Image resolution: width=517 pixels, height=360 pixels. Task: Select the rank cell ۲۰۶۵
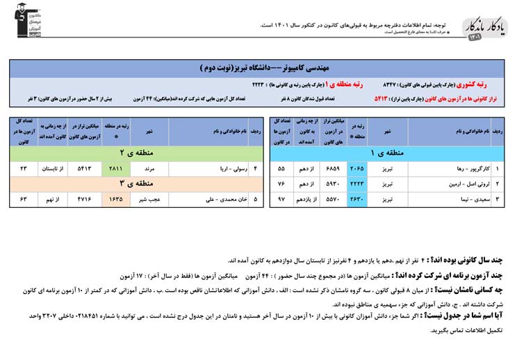point(357,168)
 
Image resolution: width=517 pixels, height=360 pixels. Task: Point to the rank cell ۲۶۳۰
point(357,199)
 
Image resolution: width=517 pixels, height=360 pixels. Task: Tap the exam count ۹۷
point(281,199)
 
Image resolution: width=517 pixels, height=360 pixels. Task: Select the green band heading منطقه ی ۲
point(132,152)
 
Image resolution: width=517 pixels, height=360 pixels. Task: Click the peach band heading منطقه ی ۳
point(132,183)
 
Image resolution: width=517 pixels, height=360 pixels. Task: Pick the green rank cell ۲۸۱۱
point(115,168)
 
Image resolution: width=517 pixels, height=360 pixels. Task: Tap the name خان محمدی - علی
point(208,199)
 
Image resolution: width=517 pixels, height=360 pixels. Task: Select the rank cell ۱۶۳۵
point(115,199)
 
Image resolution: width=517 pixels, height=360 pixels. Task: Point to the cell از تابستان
point(52,168)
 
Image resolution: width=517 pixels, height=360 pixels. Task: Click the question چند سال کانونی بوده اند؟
point(472,259)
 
